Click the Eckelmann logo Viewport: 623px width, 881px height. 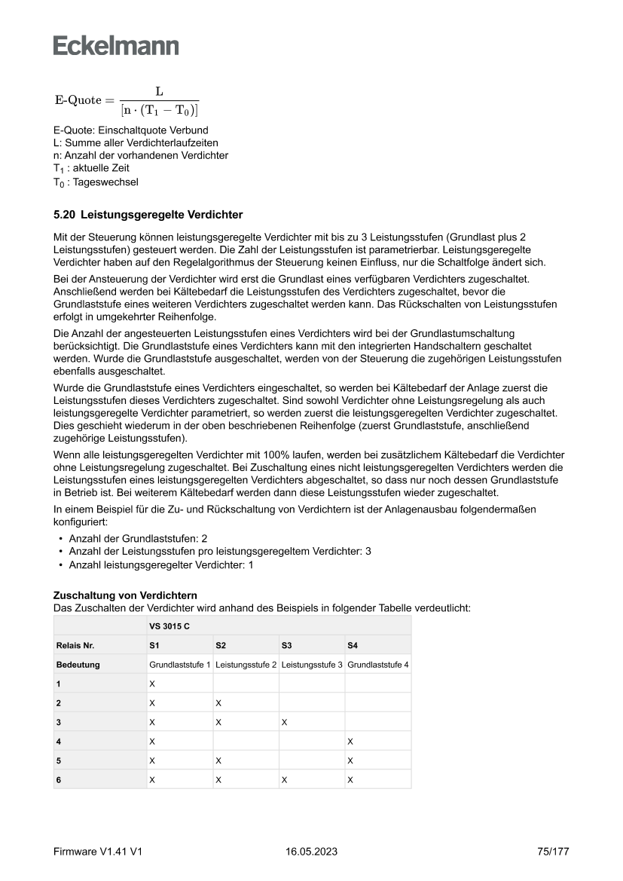tap(116, 45)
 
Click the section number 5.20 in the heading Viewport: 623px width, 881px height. tap(64, 216)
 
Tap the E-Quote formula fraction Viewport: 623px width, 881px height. tap(159, 101)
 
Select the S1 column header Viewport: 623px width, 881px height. tap(154, 645)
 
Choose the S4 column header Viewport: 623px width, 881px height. tap(353, 645)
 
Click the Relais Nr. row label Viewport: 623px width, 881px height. tap(75, 645)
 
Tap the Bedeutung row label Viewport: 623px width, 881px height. tap(78, 665)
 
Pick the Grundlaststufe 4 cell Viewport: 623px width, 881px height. tap(378, 665)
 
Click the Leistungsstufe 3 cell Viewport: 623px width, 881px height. tap(312, 665)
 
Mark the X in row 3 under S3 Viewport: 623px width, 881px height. tap(284, 722)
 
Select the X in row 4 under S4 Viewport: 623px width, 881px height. tap(350, 742)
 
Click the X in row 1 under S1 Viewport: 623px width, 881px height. tap(152, 684)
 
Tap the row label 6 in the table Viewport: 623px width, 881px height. tap(59, 780)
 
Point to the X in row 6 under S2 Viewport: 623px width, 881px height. tap(218, 780)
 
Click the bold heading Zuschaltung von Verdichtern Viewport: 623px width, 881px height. tap(125, 595)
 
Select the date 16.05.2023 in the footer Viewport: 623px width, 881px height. tap(311, 852)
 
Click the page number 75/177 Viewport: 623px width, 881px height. tap(552, 852)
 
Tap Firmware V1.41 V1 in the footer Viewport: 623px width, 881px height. tap(98, 852)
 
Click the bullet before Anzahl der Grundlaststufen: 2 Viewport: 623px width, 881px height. tap(60, 539)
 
